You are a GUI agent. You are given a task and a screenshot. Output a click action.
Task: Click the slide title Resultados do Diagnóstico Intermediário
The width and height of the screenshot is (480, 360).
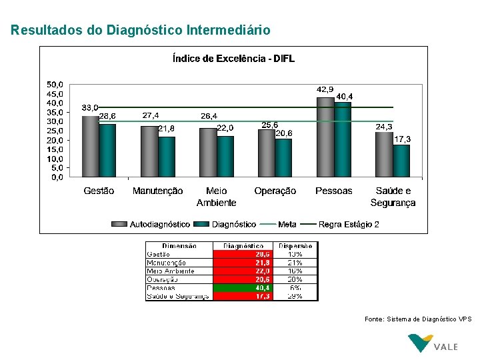[141, 30]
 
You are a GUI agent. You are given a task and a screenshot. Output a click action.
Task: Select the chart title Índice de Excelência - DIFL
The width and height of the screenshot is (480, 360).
[233, 59]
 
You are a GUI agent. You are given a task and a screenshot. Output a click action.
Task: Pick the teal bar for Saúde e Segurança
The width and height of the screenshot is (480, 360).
[401, 161]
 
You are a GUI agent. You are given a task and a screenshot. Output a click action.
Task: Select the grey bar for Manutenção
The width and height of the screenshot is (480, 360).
[149, 151]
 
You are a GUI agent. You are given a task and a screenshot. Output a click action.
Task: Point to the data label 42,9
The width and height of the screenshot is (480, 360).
[325, 89]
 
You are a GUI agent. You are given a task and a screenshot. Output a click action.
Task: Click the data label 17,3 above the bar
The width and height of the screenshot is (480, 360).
[402, 139]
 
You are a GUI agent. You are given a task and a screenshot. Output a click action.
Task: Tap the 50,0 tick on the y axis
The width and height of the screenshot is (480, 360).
[55, 85]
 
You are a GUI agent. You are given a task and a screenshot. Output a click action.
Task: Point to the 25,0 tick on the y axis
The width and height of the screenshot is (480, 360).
[55, 131]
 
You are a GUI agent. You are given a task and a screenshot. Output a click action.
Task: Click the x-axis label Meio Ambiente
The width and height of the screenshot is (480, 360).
[216, 197]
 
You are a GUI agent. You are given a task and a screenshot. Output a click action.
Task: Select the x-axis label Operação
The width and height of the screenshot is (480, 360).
[275, 191]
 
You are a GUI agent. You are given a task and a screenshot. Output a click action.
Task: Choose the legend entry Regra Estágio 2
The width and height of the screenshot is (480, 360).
[349, 225]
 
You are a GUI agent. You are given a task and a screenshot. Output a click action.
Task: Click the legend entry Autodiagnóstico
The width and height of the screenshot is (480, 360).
[159, 225]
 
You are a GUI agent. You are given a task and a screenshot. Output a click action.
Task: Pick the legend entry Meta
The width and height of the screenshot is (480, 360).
[287, 225]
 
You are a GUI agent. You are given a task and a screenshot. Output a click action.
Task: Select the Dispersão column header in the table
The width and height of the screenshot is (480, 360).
[295, 246]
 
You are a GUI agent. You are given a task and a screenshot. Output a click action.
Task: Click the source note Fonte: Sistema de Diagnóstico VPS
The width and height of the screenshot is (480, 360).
[418, 319]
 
